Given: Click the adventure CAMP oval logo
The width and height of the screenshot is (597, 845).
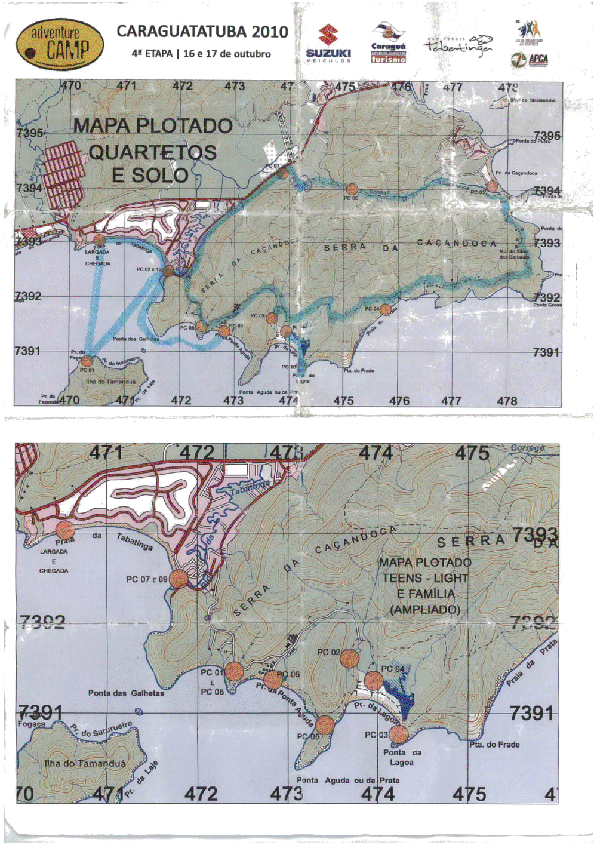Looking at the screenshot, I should [59, 45].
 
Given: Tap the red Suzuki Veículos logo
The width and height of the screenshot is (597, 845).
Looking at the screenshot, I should [328, 44].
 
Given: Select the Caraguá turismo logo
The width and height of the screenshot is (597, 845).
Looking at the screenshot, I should [388, 44].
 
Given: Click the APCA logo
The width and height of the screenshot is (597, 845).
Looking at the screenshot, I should [530, 60].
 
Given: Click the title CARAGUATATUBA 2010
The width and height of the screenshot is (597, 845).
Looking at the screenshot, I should [202, 32].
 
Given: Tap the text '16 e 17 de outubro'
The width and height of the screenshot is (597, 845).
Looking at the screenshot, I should [227, 54].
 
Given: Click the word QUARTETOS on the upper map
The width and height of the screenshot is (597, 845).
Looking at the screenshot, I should [153, 152].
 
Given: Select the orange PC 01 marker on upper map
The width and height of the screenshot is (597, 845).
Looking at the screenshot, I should [87, 361].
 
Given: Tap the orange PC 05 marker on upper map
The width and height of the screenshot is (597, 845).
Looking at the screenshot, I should [492, 186].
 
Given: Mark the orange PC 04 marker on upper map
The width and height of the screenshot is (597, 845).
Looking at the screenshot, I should [385, 309].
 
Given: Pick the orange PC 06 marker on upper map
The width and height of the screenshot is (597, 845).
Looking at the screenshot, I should [352, 190].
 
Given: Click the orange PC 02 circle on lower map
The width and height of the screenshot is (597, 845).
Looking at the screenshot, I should [349, 659].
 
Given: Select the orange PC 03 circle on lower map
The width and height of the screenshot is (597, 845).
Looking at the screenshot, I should [399, 734].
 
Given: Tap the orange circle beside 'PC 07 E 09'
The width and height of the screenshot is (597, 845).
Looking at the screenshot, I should [178, 579].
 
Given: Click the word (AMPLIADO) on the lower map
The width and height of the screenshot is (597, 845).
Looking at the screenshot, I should [425, 610].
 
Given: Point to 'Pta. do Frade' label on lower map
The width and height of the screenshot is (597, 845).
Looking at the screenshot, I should [494, 745].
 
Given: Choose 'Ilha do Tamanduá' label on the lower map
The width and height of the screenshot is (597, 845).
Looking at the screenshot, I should [85, 763].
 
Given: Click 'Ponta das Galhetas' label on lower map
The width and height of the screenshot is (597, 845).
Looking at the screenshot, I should [126, 693].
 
